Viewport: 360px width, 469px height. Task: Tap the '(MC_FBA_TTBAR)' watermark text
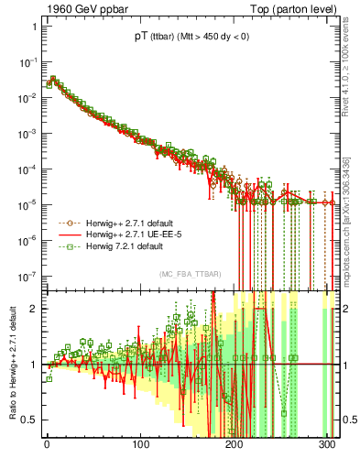[190, 275]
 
